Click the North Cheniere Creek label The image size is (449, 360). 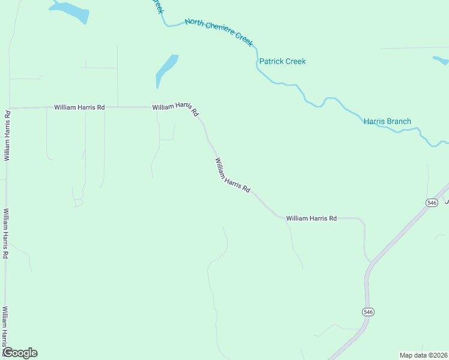click(219, 30)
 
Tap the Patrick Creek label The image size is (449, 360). click(282, 61)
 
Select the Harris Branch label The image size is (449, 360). click(387, 121)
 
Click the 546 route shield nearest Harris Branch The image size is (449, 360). click(432, 203)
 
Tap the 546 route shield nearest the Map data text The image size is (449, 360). click(368, 312)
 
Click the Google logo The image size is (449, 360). click(20, 353)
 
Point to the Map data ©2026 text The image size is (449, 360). click(423, 355)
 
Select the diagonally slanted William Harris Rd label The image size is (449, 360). click(232, 175)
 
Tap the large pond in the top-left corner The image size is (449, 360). click(71, 11)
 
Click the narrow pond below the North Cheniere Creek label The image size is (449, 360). click(166, 69)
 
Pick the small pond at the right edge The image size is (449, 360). click(441, 60)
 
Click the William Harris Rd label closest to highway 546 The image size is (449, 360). click(311, 218)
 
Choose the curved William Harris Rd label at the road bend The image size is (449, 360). click(175, 107)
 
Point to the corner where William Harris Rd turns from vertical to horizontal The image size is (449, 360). click(7, 108)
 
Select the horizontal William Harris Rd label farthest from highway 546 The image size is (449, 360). click(79, 107)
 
